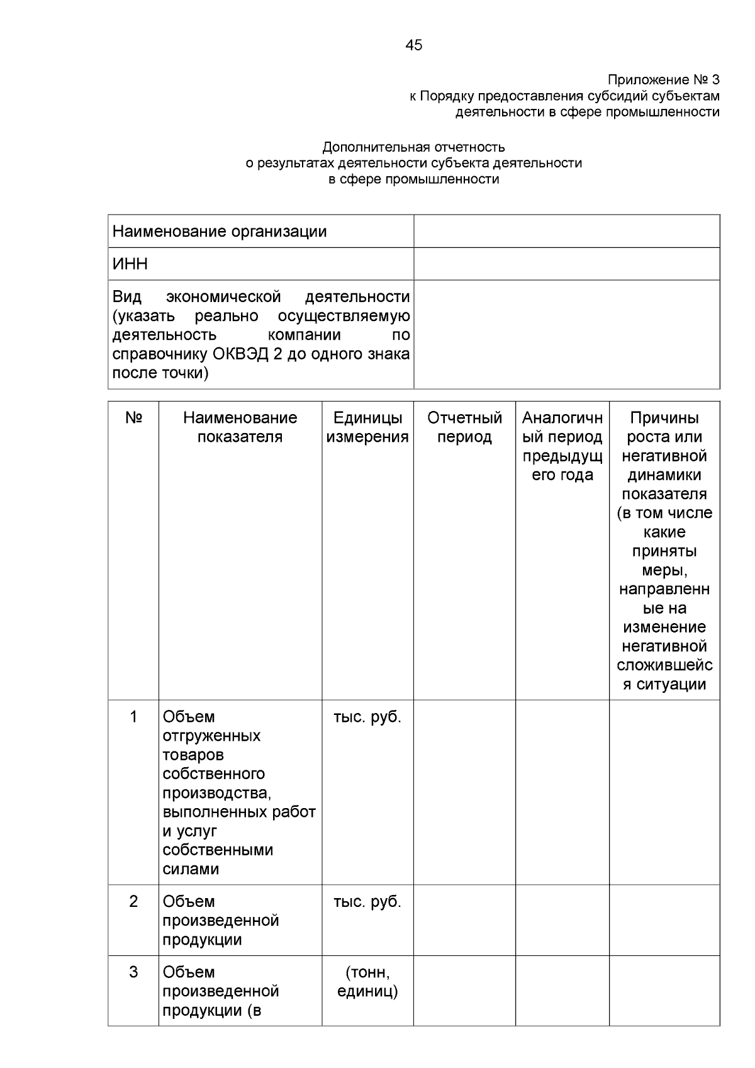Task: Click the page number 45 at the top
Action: pyautogui.click(x=414, y=45)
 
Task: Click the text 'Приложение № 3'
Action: pyautogui.click(x=663, y=80)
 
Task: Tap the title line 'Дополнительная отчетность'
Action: pyautogui.click(x=413, y=147)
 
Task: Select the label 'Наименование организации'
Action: pyautogui.click(x=220, y=232)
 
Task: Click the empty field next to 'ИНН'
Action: pyautogui.click(x=566, y=264)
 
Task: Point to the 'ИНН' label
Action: pyautogui.click(x=130, y=264)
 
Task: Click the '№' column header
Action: pyautogui.click(x=133, y=418)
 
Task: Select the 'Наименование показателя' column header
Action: pyautogui.click(x=240, y=427)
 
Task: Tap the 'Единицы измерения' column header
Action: pyautogui.click(x=367, y=427)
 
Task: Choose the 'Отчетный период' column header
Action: pyautogui.click(x=464, y=427)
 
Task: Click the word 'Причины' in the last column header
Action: pyautogui.click(x=664, y=418)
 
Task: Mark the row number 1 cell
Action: pyautogui.click(x=133, y=717)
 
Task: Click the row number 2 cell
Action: pyautogui.click(x=133, y=901)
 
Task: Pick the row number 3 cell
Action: pyautogui.click(x=133, y=972)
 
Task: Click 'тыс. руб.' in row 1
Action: pyautogui.click(x=367, y=717)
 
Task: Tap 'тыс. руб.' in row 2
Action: pyautogui.click(x=367, y=901)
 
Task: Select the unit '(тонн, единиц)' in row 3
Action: pyautogui.click(x=367, y=982)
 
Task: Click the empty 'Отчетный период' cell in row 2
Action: pyautogui.click(x=464, y=919)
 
